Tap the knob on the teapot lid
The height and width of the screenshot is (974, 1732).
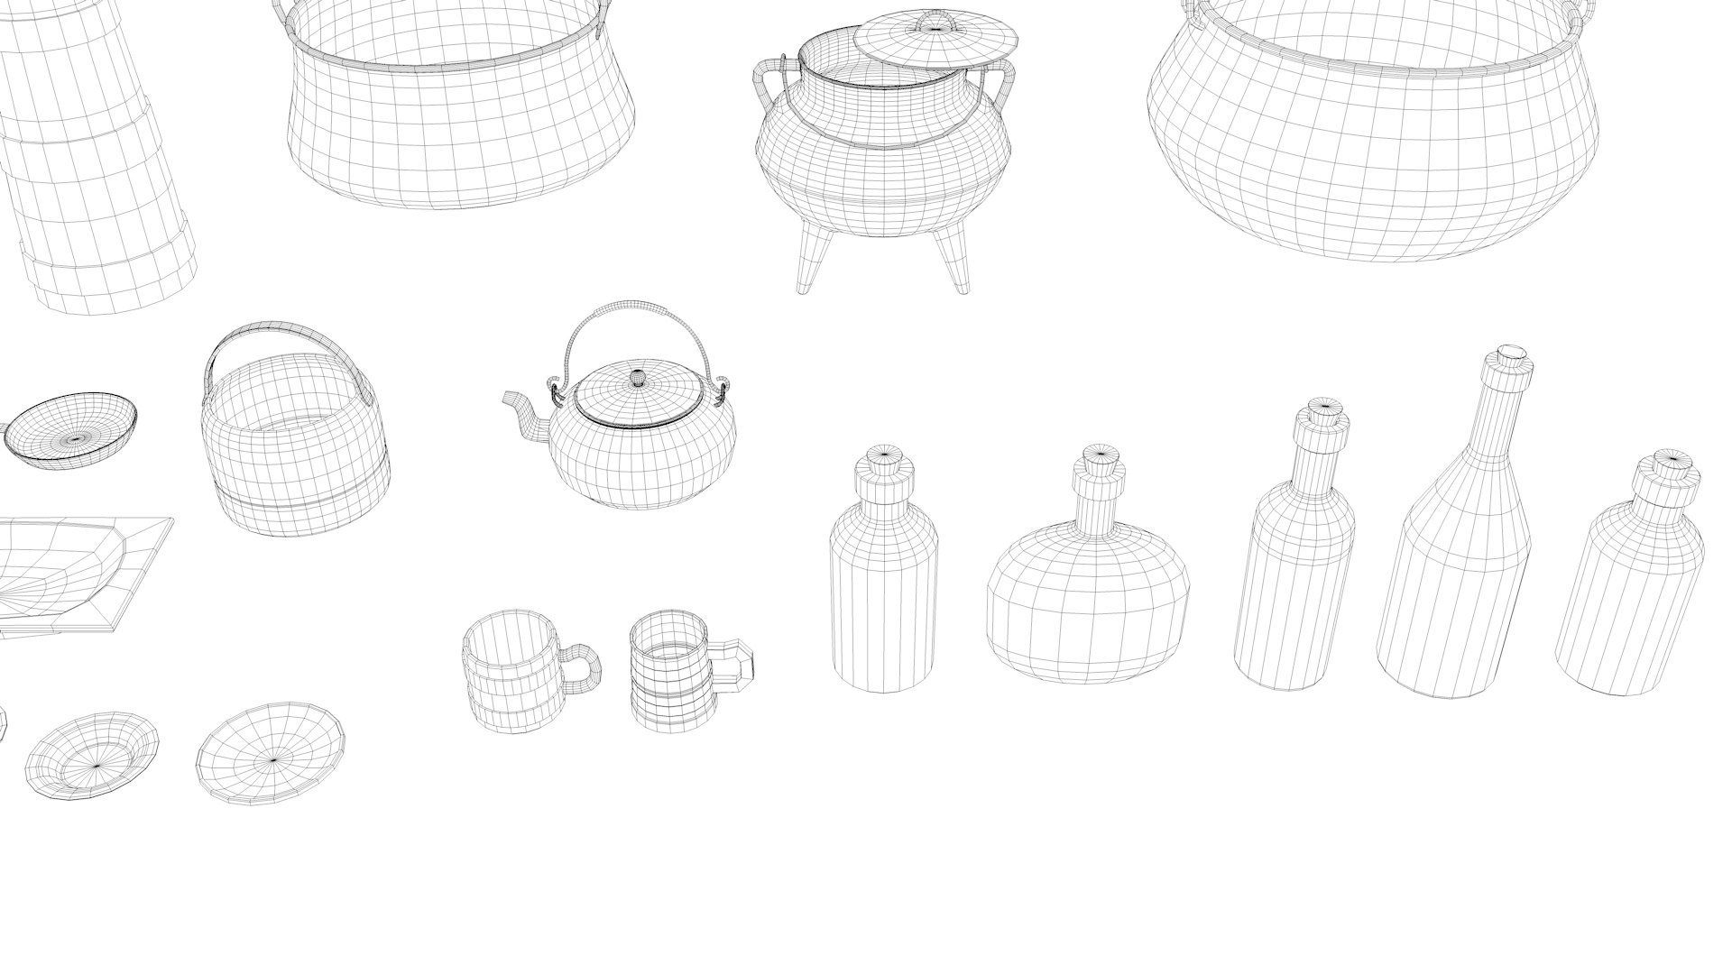point(638,378)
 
